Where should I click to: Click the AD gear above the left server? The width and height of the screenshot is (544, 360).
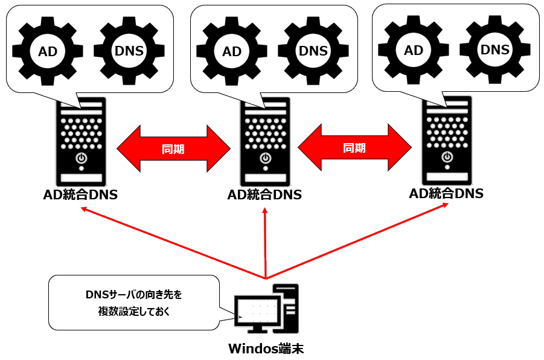pyautogui.click(x=48, y=51)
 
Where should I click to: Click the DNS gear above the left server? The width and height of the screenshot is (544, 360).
pyautogui.click(x=129, y=51)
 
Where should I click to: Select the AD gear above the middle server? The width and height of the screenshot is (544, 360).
pyautogui.click(x=232, y=51)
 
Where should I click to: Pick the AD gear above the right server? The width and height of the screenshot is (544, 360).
pyautogui.click(x=414, y=50)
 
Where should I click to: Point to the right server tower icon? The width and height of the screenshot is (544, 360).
pyautogui.click(x=447, y=143)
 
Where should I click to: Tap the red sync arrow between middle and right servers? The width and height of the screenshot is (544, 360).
pyautogui.click(x=354, y=148)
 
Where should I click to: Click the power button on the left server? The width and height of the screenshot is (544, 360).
pyautogui.click(x=81, y=158)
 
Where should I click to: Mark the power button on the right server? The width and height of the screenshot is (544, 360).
pyautogui.click(x=447, y=156)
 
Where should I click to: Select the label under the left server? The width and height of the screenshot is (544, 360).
pyautogui.click(x=81, y=195)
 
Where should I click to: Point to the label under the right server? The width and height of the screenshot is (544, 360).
pyautogui.click(x=447, y=193)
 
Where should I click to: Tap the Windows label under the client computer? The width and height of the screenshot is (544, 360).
pyautogui.click(x=266, y=349)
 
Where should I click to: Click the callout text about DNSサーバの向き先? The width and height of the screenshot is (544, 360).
pyautogui.click(x=133, y=303)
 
